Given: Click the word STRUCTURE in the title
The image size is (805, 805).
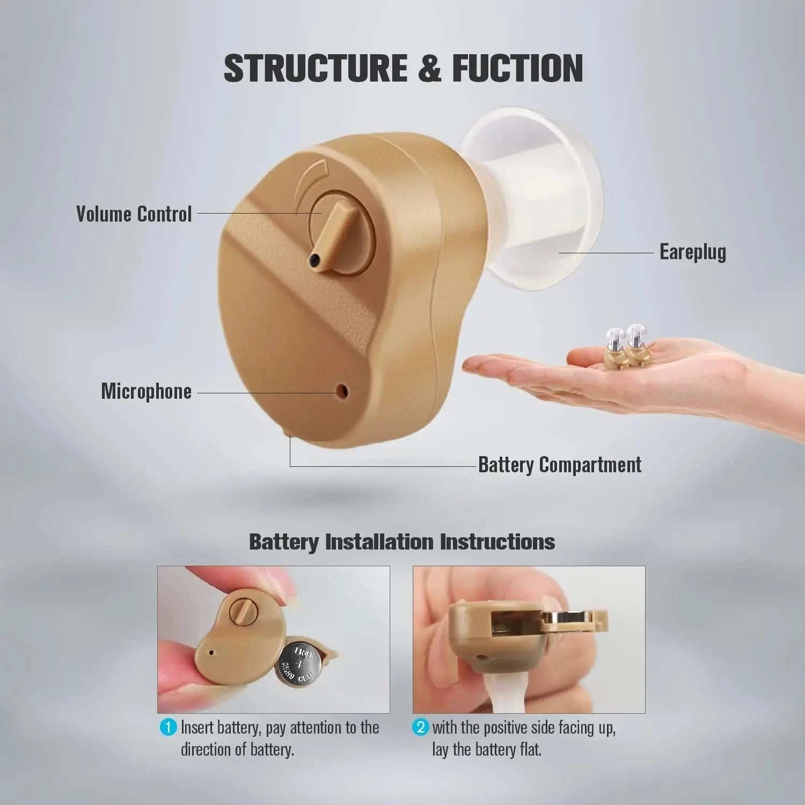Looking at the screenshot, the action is point(316,68).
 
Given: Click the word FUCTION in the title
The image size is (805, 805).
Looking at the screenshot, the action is point(517,68).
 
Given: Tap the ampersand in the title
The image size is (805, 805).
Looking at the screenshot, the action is point(429,68).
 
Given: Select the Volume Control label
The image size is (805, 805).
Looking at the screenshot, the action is point(134,214).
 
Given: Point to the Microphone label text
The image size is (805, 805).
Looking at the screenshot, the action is point(146,391).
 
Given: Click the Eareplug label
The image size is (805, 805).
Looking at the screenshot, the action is point(692,252).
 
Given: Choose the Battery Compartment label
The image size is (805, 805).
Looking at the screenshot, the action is point(560,465).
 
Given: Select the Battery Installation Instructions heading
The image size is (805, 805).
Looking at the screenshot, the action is point(402,541).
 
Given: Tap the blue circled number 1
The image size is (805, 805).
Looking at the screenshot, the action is point(168,728).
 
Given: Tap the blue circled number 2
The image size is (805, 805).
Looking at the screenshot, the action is point(420,728).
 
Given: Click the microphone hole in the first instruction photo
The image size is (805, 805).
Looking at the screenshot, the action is point(211,653).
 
